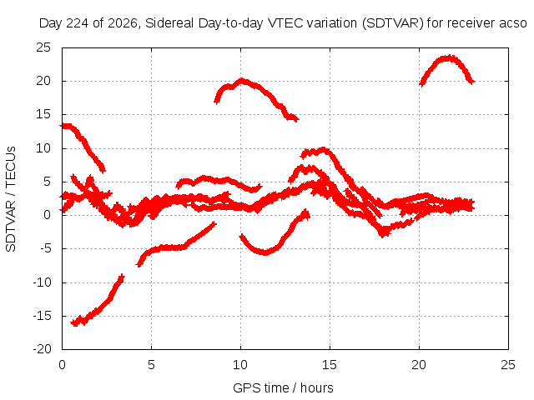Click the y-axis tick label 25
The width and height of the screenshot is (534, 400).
click(43, 47)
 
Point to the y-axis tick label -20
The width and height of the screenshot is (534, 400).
click(42, 349)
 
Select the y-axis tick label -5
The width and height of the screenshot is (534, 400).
click(45, 248)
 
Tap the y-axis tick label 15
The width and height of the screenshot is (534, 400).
click(43, 115)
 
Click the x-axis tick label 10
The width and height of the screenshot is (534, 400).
click(240, 365)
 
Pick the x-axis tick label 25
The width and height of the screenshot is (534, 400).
click(508, 365)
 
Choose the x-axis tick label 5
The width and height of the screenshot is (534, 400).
click(151, 365)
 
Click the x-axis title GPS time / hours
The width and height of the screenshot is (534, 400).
click(283, 387)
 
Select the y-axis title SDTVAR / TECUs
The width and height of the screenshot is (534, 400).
click(11, 199)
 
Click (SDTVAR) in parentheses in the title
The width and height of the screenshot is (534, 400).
click(393, 23)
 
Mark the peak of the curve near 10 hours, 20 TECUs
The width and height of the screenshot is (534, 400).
click(241, 81)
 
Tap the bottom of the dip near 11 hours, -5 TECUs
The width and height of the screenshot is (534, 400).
click(265, 252)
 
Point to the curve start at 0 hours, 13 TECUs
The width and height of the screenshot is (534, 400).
click(61, 126)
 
